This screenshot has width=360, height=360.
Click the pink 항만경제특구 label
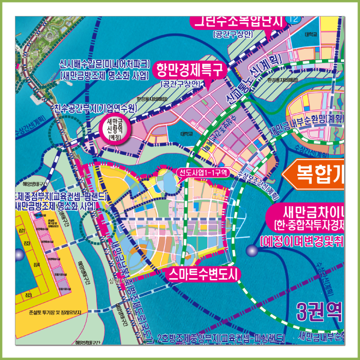coord(190,69)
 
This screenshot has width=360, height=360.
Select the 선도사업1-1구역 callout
coord(203,172)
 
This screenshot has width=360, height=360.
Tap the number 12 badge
coord(294,20)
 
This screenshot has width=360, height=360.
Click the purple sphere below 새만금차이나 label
coord(251,251)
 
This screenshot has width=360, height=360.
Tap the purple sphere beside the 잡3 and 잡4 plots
coord(19,254)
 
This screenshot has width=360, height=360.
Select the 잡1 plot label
coord(22,232)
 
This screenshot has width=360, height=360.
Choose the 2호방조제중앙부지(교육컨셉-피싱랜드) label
coord(222,338)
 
